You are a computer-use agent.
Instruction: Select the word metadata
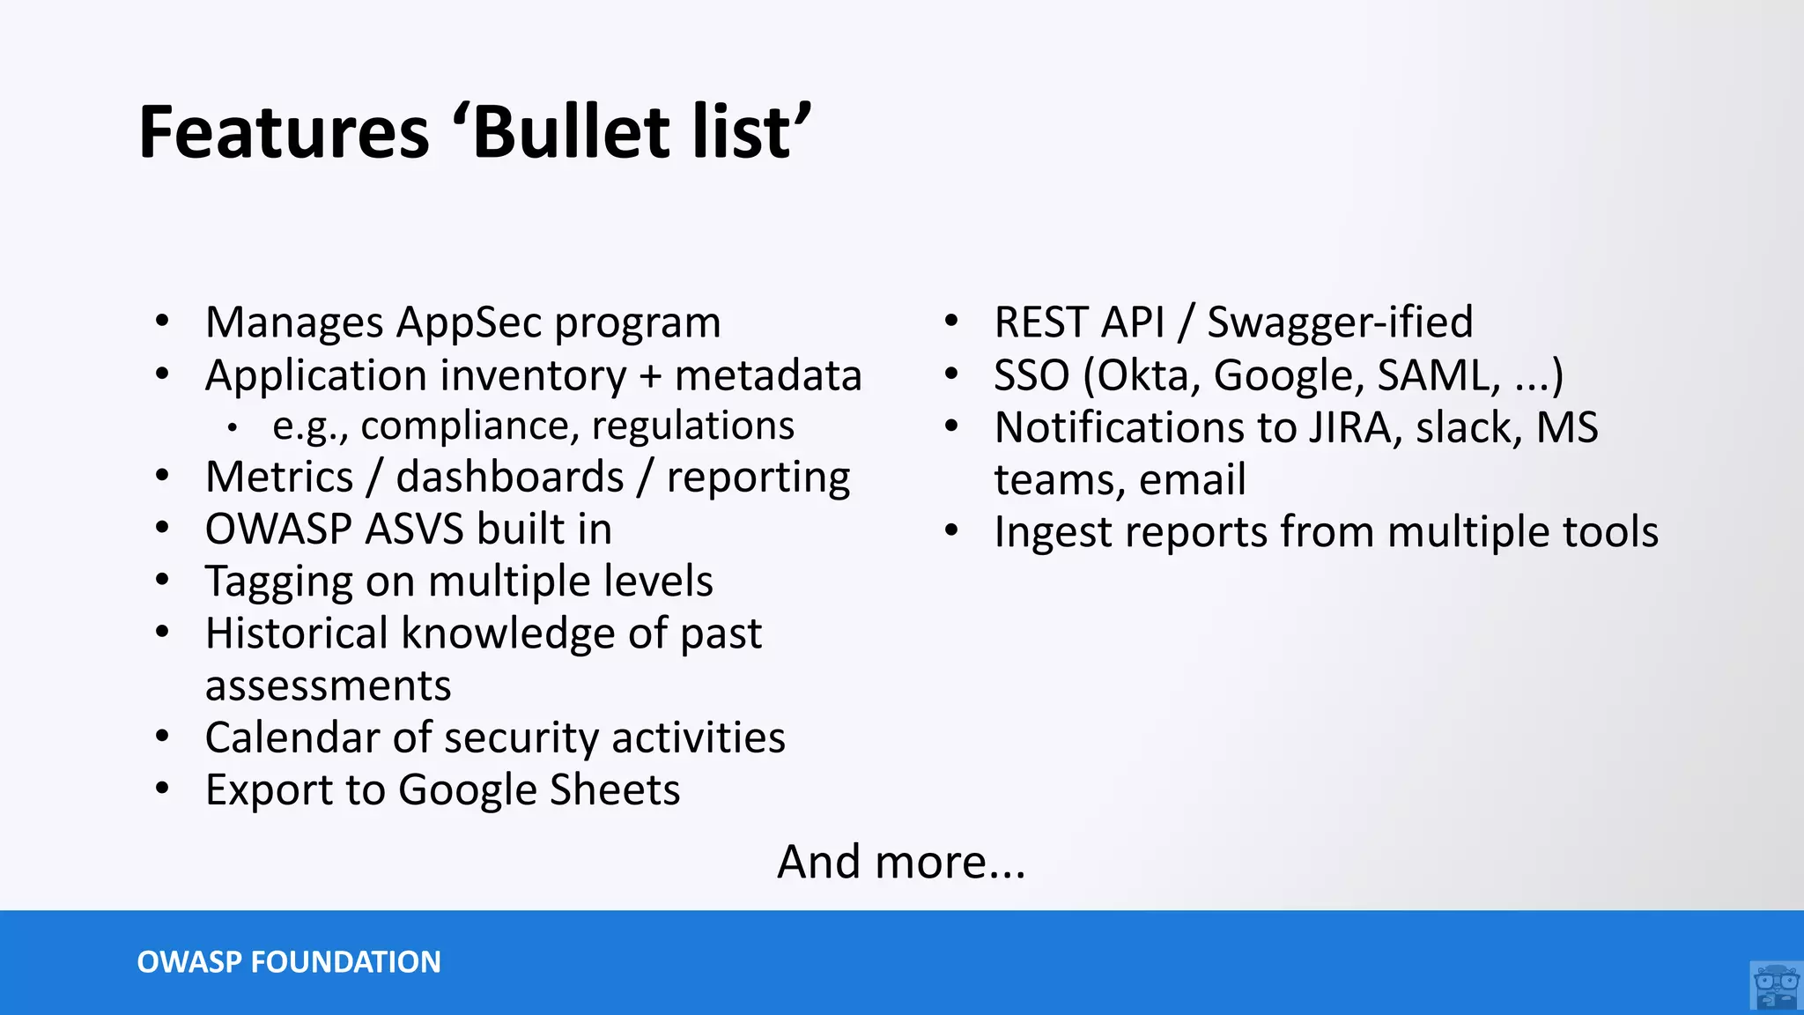coord(767,375)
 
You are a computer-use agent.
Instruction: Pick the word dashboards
coord(510,478)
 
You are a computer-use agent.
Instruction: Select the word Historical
coord(297,633)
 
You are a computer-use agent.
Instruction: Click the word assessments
coord(328,685)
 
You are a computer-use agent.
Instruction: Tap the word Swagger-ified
coord(1339,322)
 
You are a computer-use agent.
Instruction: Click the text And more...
coord(900,862)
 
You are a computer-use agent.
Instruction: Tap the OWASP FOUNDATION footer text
coord(289,962)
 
